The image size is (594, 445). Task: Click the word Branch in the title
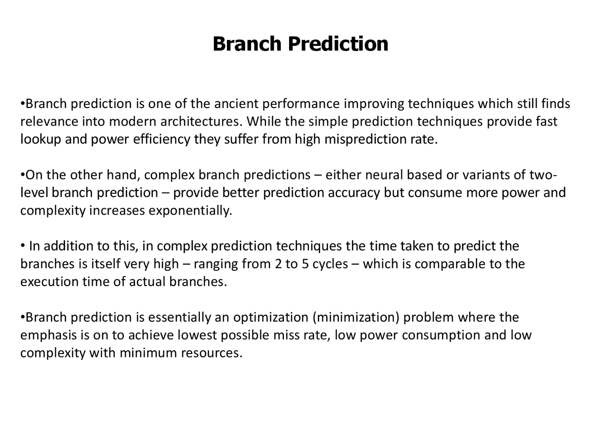point(247,44)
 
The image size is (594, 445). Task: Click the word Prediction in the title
point(338,44)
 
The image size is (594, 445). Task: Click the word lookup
point(41,139)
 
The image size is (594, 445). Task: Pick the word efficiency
point(161,139)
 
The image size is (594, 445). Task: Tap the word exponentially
point(190,211)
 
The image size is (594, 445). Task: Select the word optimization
point(271,318)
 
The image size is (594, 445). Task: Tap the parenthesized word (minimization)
point(356,318)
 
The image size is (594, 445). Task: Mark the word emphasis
point(48,335)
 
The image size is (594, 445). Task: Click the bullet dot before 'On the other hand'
point(22,176)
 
